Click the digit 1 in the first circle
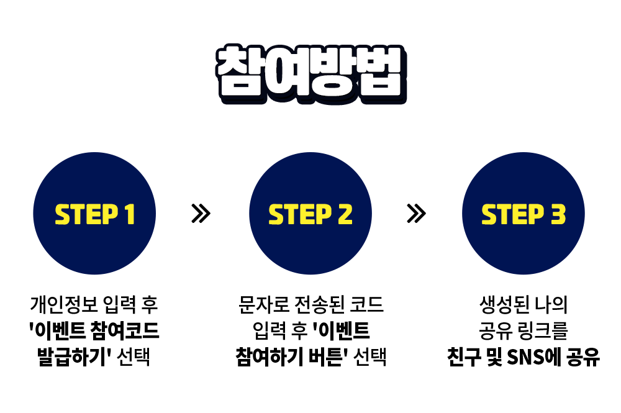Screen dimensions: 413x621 (130, 214)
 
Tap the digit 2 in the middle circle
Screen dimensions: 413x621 (345, 214)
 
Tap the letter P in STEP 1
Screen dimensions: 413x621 (110, 214)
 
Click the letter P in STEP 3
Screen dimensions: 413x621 (537, 214)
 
